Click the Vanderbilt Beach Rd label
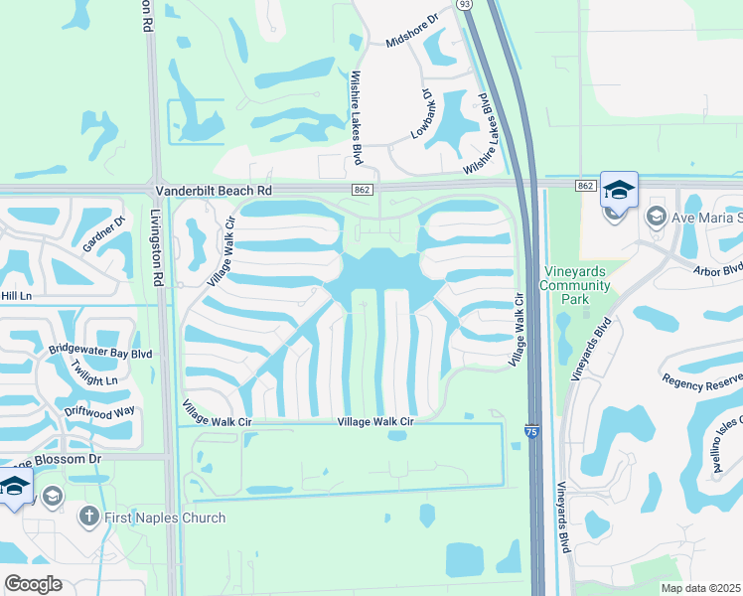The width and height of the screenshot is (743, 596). click(x=213, y=189)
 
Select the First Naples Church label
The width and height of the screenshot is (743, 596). click(x=165, y=518)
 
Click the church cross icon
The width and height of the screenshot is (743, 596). click(x=87, y=517)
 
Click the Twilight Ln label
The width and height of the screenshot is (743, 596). click(x=94, y=373)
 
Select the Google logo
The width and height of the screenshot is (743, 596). click(x=33, y=583)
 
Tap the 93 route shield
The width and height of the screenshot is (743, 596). click(x=464, y=5)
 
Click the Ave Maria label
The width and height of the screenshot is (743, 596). click(x=705, y=217)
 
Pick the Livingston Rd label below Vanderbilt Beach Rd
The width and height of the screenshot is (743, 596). click(x=156, y=248)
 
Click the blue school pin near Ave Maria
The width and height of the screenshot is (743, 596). click(x=619, y=190)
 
